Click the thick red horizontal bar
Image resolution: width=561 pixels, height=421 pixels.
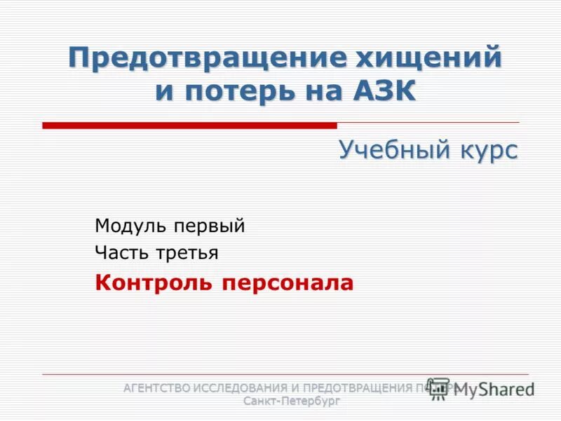click(189, 126)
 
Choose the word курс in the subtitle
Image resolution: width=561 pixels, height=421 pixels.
click(487, 149)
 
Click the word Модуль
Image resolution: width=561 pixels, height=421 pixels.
click(130, 226)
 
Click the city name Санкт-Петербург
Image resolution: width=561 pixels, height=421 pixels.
click(292, 401)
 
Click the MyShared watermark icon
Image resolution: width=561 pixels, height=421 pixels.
click(439, 388)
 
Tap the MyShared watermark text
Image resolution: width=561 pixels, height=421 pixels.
click(494, 389)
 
